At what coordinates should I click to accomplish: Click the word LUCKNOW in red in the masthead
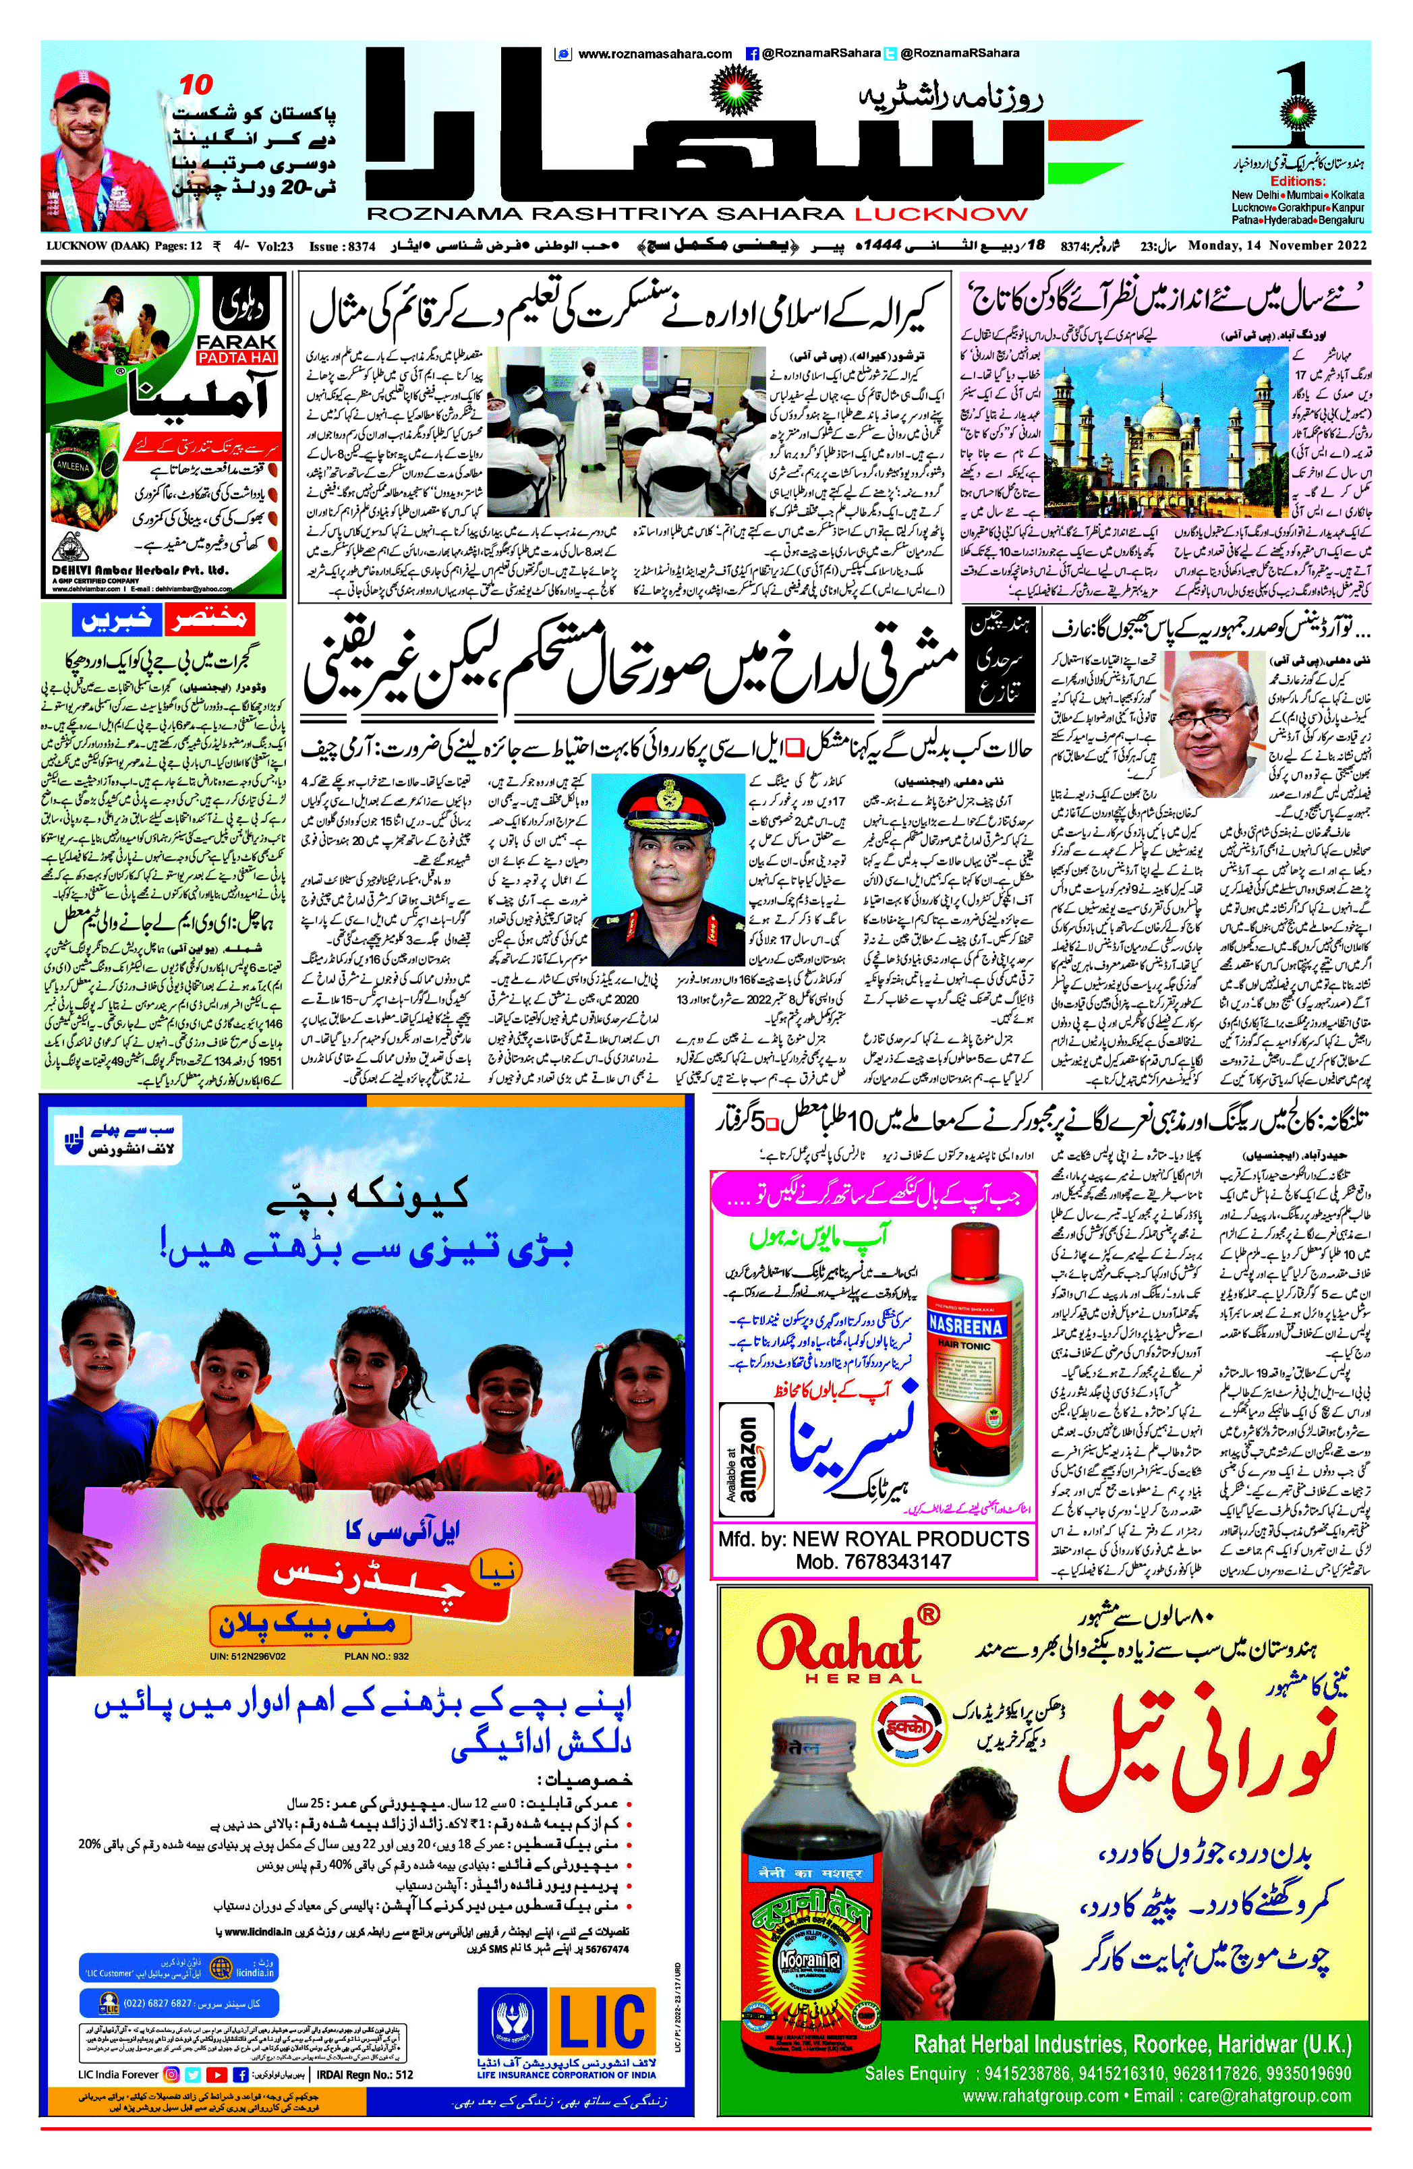pos(941,214)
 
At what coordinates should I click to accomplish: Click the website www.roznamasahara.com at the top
pos(654,54)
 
